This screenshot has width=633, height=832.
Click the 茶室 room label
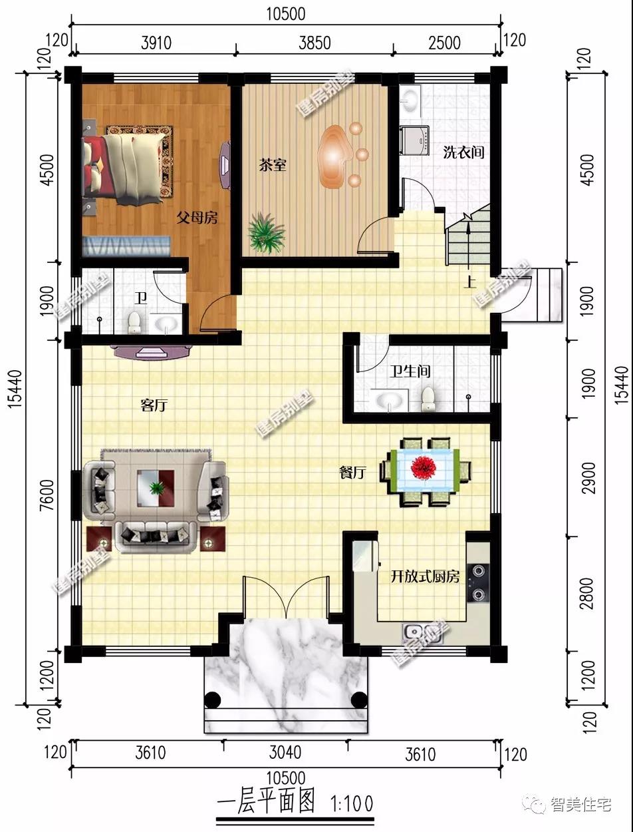(x=273, y=165)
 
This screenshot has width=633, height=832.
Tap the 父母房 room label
(x=197, y=218)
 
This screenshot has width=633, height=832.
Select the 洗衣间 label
(x=463, y=152)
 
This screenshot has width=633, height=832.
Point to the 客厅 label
(x=154, y=405)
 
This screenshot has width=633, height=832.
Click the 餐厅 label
(x=352, y=473)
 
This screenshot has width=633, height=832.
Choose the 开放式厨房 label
(x=425, y=577)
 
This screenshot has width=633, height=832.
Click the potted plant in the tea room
(x=266, y=233)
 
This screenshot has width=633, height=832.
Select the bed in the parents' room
(x=126, y=167)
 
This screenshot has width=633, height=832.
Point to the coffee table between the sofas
(x=156, y=489)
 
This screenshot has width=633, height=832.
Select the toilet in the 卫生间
(x=428, y=399)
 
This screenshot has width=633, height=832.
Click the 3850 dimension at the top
(x=315, y=43)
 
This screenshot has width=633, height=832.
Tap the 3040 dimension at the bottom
(x=285, y=752)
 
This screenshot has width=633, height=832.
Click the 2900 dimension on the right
(x=589, y=478)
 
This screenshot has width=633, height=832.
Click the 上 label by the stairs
(x=470, y=282)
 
